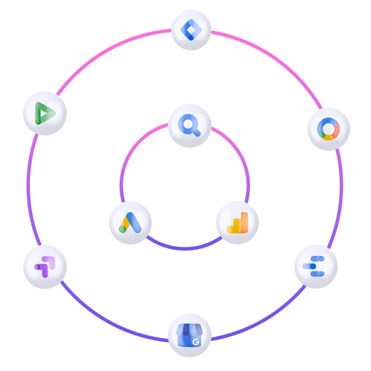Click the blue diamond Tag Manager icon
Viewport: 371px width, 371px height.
click(x=192, y=31)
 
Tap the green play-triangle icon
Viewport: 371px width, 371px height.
click(x=45, y=113)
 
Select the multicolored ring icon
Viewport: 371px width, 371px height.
click(x=328, y=129)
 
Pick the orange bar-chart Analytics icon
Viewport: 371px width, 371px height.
click(x=237, y=223)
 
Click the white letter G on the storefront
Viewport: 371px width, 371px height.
click(x=196, y=342)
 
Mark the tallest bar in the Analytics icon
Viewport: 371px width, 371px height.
click(x=243, y=222)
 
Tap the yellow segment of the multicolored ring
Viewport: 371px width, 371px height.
click(x=328, y=137)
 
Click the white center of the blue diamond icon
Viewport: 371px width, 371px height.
click(x=192, y=31)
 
